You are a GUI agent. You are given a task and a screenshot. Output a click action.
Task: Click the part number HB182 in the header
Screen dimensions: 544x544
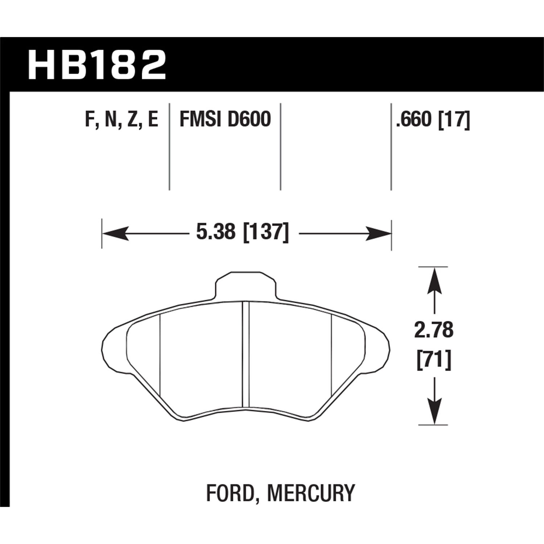pos(97,65)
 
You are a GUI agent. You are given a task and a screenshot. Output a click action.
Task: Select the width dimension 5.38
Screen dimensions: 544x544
pos(215,232)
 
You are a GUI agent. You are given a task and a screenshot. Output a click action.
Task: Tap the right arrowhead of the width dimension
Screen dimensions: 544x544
pos(379,233)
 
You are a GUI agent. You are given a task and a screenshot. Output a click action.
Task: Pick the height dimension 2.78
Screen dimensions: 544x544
pos(434,330)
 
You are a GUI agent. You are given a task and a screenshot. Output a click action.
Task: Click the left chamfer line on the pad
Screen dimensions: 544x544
pos(160,355)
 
